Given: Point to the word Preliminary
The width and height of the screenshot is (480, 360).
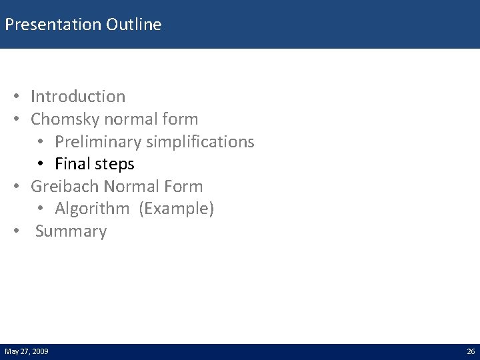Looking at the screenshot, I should click(x=94, y=142).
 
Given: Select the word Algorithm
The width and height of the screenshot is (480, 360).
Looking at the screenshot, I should click(x=93, y=209).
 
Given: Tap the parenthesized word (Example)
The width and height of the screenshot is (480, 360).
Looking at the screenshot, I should click(x=177, y=209).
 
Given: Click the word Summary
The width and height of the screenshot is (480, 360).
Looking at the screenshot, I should click(x=71, y=232).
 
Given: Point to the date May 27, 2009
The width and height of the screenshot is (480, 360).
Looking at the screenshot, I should click(x=25, y=351).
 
